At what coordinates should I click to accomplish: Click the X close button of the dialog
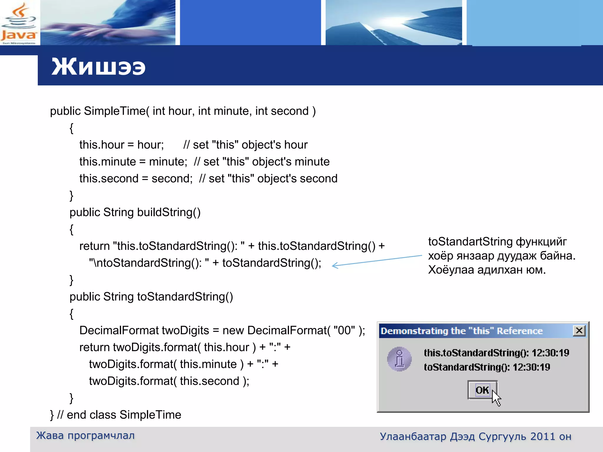tap(579, 330)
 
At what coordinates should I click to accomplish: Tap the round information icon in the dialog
tap(399, 359)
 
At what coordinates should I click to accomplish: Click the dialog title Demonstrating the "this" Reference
tap(461, 331)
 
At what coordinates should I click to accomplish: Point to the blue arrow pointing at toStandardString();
tap(377, 261)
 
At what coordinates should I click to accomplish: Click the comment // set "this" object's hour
tap(245, 145)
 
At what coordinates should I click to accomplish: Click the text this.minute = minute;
tap(133, 162)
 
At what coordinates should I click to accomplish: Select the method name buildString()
tap(169, 212)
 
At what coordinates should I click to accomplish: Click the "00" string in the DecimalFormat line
tap(344, 330)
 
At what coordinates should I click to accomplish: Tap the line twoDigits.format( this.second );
tap(169, 381)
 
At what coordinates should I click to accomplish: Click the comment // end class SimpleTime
tap(119, 415)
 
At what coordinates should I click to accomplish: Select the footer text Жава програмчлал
tap(85, 436)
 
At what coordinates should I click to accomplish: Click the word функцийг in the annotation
tap(541, 242)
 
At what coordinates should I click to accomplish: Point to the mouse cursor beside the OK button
tap(496, 398)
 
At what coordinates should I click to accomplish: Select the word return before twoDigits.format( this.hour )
tap(94, 348)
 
